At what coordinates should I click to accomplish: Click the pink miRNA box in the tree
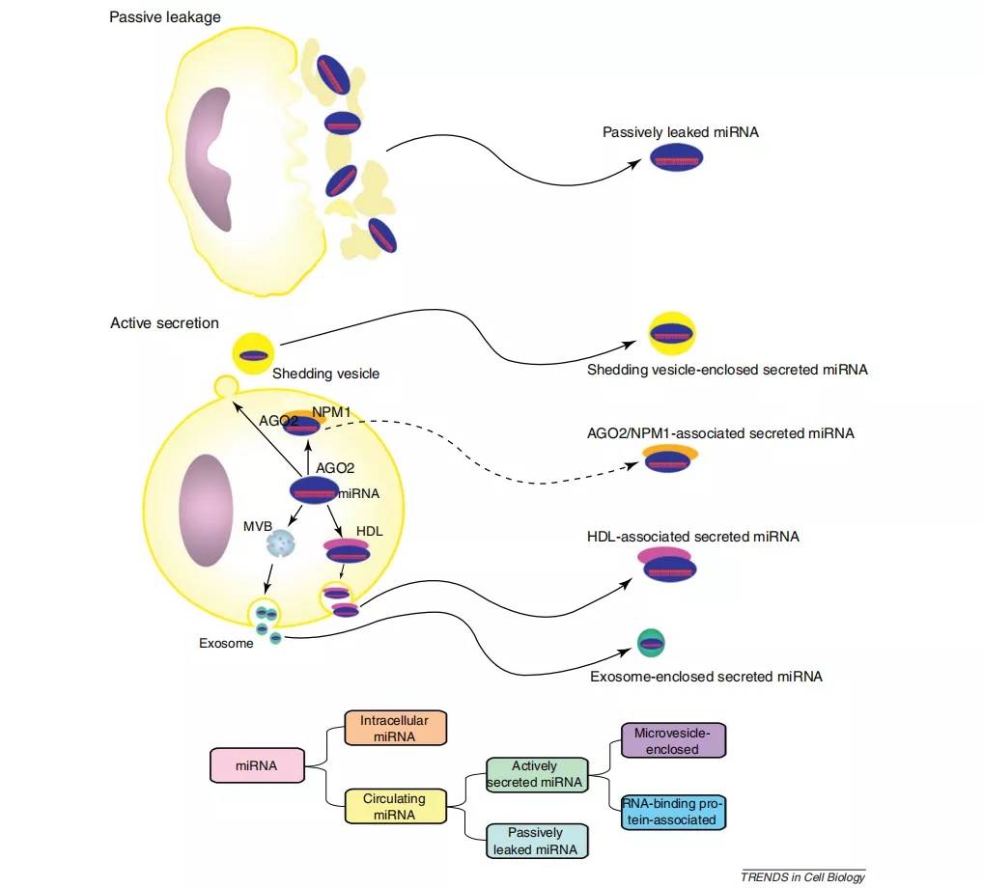257,765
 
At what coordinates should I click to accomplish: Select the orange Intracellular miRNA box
395,728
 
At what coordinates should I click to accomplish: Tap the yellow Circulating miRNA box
395,807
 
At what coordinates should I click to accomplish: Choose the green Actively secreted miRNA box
537,774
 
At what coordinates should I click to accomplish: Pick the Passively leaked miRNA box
537,841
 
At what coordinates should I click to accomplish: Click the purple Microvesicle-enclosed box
673,740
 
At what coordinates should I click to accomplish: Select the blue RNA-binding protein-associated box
673,812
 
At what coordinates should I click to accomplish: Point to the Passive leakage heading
165,17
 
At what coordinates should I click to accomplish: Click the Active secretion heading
164,322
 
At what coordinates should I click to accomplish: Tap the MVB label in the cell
258,526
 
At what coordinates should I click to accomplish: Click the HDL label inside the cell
369,531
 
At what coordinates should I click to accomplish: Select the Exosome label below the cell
226,643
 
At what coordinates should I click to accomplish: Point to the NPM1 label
331,412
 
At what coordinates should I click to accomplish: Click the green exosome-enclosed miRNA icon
651,643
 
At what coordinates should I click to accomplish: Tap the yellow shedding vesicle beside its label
253,354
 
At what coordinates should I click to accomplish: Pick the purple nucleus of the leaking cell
209,159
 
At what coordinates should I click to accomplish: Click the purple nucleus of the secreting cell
206,510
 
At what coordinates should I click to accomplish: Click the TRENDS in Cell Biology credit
803,876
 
